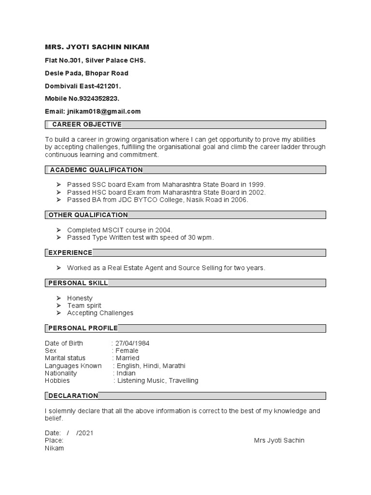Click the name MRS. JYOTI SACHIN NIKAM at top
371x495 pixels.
click(x=97, y=47)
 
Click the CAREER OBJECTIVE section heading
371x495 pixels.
click(x=86, y=124)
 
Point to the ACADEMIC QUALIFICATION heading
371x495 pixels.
click(x=96, y=170)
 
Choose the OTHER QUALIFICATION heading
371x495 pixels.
click(x=88, y=215)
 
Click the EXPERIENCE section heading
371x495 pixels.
click(x=70, y=252)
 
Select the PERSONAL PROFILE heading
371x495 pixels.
click(x=83, y=328)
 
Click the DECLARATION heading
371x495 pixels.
click(x=73, y=395)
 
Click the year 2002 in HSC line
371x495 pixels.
click(x=257, y=192)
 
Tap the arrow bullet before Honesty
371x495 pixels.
click(x=58, y=298)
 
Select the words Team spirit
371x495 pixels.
click(x=84, y=306)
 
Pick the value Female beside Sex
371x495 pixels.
click(x=127, y=350)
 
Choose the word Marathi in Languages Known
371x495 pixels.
click(x=174, y=365)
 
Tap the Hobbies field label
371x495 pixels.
click(x=57, y=380)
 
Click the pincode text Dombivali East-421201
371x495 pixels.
click(x=83, y=86)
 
